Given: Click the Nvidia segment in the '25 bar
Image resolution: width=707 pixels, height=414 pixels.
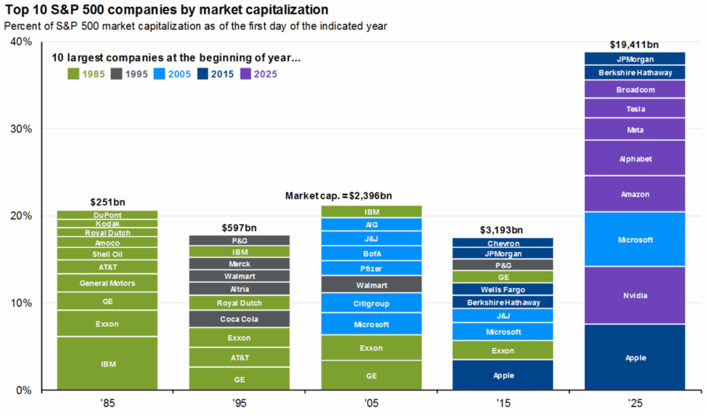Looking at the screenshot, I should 635,295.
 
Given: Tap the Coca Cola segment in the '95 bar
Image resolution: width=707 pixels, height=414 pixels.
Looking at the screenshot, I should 239,319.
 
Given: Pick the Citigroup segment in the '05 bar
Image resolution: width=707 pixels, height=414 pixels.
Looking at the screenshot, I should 371,303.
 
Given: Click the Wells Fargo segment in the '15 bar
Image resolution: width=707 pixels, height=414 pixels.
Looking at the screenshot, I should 503,289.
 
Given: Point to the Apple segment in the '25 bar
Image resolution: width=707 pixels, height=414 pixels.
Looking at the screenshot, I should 635,359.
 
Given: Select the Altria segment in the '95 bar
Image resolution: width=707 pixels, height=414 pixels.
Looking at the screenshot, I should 239,289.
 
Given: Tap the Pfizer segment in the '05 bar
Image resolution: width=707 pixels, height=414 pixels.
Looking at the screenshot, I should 371,268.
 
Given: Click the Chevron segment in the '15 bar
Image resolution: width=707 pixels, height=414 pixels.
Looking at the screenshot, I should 503,243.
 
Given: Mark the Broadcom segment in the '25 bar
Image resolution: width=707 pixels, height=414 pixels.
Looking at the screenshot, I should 635,90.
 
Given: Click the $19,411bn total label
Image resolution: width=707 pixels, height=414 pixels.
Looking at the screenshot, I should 635,45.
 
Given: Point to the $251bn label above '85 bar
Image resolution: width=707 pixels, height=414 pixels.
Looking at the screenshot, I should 107,202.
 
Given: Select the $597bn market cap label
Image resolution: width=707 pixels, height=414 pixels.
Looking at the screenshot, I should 239,227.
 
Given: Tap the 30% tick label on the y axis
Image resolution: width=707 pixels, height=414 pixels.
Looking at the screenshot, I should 23,129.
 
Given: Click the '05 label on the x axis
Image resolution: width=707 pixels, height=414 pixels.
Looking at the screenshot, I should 371,402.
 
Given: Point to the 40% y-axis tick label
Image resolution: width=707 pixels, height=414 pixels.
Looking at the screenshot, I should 23,42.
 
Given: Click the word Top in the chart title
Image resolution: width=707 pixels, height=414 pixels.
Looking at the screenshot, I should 14,10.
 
